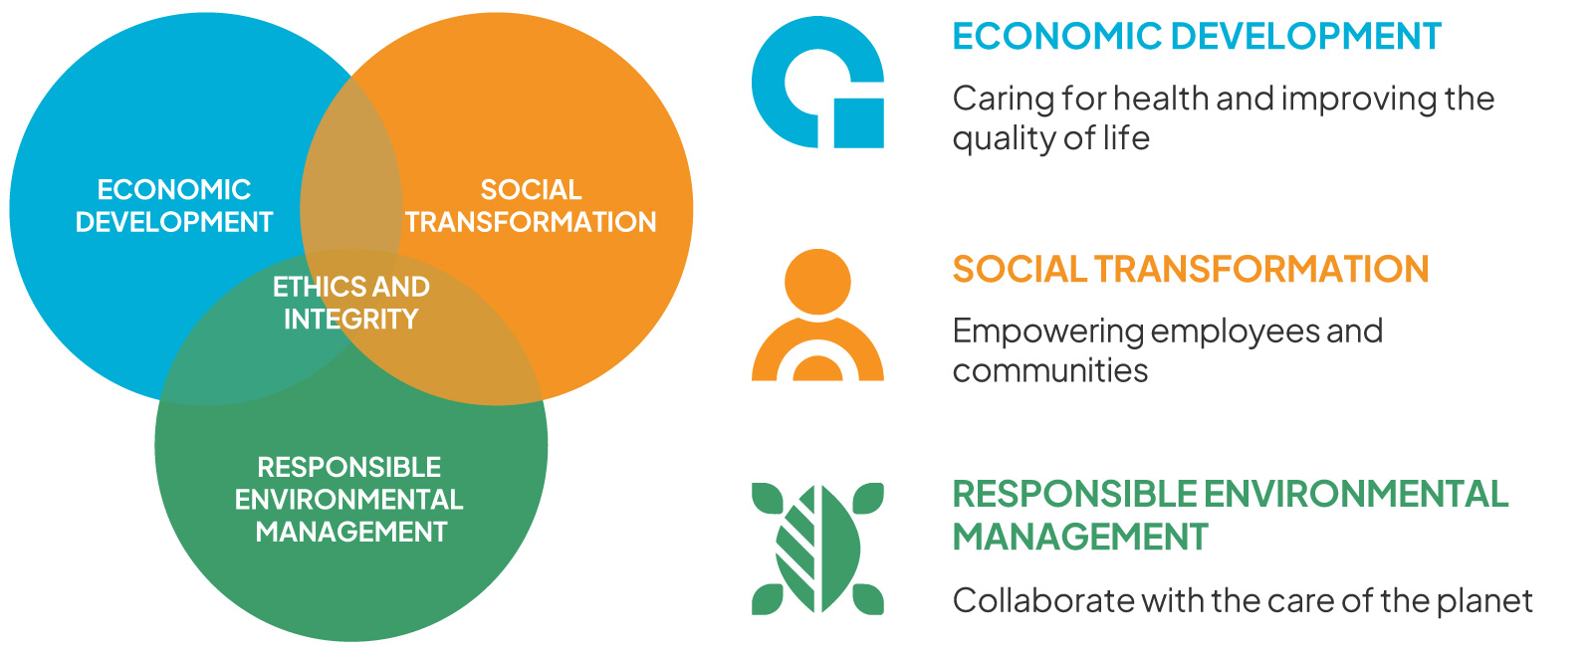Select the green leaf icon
[x=817, y=549]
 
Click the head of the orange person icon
[x=817, y=281]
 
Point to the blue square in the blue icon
[x=859, y=123]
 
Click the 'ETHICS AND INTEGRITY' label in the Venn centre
[x=351, y=303]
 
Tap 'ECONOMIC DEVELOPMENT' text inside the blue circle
[x=174, y=206]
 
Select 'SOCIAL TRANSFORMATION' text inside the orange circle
[x=531, y=206]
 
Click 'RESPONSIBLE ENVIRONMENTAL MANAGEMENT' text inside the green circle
[x=349, y=499]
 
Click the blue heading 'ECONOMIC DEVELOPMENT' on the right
[x=1197, y=36]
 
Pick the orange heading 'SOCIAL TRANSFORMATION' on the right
[x=1191, y=270]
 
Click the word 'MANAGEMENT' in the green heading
[x=1080, y=537]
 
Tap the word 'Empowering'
[x=1047, y=332]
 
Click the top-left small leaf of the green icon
[x=767, y=498]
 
